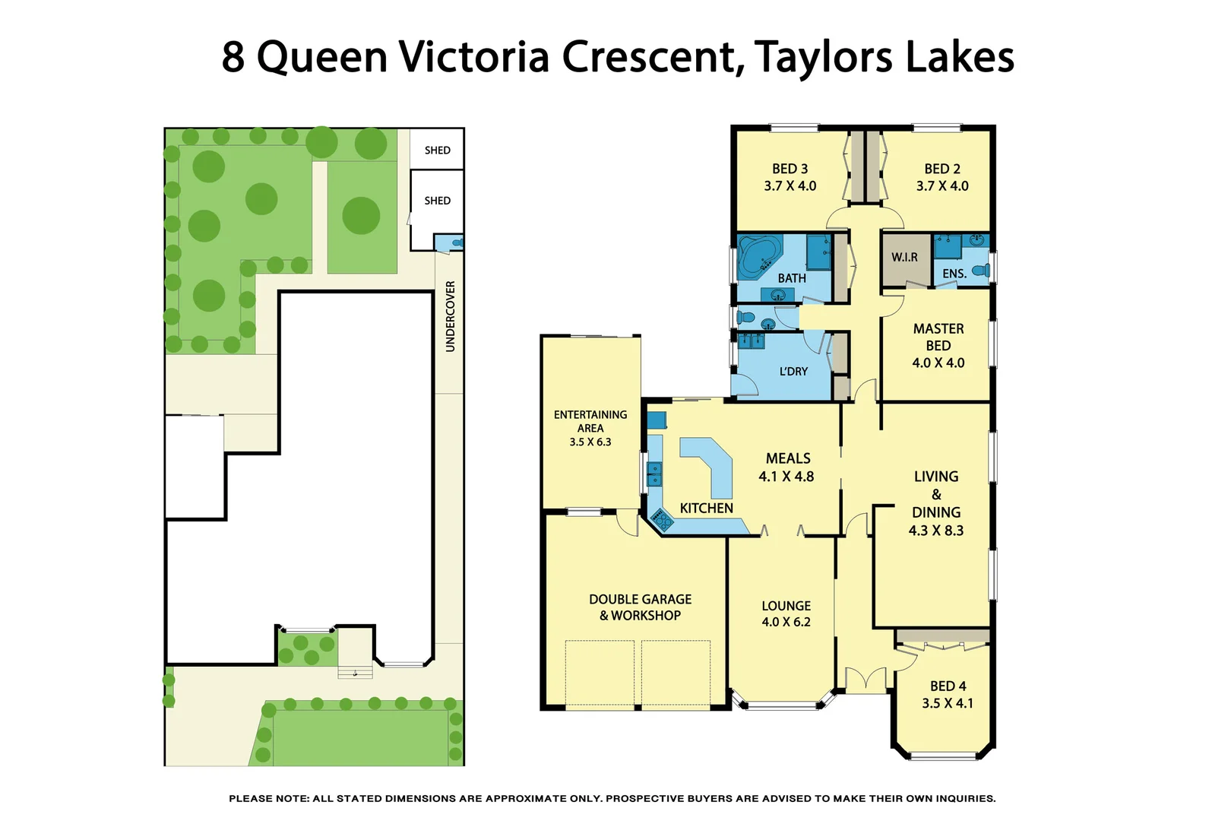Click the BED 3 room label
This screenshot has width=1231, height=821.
(790, 169)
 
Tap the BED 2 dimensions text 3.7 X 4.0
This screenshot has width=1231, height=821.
(941, 186)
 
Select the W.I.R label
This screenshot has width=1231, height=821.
(904, 258)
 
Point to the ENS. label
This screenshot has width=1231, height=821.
(954, 274)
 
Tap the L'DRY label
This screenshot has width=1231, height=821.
(793, 372)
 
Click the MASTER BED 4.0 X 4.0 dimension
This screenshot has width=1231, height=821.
(938, 363)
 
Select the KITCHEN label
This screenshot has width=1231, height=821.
(706, 509)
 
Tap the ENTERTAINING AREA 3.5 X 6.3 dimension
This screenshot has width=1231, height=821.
(590, 442)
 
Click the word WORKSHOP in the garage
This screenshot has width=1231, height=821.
(646, 616)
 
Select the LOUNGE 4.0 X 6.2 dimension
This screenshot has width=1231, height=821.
(786, 623)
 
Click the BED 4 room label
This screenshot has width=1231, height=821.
(948, 686)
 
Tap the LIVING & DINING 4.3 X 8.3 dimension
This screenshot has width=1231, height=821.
(935, 531)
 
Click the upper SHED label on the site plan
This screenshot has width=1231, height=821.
(437, 151)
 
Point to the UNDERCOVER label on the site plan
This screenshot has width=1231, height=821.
(450, 316)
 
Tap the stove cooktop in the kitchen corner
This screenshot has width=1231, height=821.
(662, 521)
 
